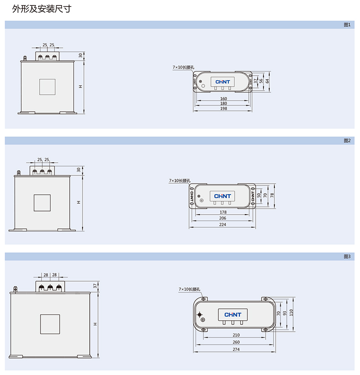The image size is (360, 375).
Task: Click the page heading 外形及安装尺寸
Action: (41, 9)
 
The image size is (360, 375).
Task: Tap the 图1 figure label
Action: (347, 25)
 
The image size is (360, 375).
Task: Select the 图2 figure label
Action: (347, 141)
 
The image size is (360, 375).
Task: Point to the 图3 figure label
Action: (347, 257)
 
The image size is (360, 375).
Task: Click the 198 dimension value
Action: (223, 108)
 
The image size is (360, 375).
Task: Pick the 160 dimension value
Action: (223, 98)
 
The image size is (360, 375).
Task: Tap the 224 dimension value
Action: (222, 225)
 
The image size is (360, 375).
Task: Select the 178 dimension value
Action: (223, 212)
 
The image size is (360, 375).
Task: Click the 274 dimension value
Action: (236, 349)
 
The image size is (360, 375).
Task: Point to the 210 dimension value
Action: (236, 335)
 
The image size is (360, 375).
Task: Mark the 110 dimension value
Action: (291, 313)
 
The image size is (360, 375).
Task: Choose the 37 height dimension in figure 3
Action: (95, 286)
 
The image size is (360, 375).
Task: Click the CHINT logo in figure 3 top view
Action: (233, 315)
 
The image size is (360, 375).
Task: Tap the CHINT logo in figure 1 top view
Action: (222, 82)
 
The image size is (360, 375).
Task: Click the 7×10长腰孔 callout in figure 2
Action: (180, 180)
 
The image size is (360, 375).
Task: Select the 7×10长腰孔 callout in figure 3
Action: (189, 289)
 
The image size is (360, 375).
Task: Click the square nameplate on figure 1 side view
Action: (47, 87)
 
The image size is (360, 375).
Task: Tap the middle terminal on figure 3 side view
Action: (50, 287)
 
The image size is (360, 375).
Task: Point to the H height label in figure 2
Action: (78, 202)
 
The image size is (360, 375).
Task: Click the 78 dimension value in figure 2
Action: (272, 195)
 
